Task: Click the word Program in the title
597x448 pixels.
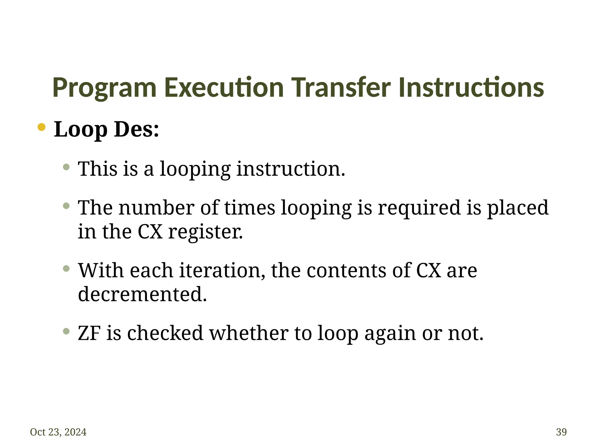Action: tap(104, 87)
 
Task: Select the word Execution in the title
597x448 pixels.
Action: tap(224, 87)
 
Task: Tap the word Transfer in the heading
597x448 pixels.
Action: tap(341, 87)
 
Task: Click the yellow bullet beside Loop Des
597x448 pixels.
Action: tap(41, 127)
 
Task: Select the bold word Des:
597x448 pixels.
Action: tap(136, 129)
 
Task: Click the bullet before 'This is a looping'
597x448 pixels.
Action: tap(66, 167)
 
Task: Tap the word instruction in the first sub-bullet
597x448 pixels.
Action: tap(290, 169)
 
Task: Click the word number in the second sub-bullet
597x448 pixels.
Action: tap(157, 208)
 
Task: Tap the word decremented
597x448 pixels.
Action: tap(142, 294)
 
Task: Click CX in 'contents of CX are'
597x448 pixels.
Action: tap(428, 270)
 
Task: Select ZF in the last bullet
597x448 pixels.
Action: tap(89, 333)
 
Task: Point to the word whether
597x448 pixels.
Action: tap(249, 333)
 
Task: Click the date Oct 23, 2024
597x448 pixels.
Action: tap(58, 432)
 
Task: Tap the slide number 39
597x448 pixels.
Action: tap(561, 432)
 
